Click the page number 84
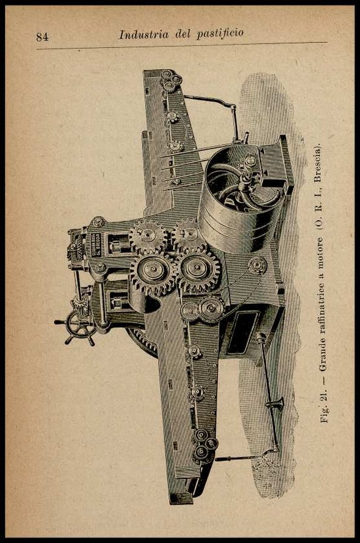point(42,37)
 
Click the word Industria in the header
point(144,34)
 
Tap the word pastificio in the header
point(220,34)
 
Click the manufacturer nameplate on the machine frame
point(96,244)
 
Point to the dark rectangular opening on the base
point(242,332)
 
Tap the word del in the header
point(183,34)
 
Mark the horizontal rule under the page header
point(182,46)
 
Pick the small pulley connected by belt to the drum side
point(257,265)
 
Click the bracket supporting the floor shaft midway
point(275,404)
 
